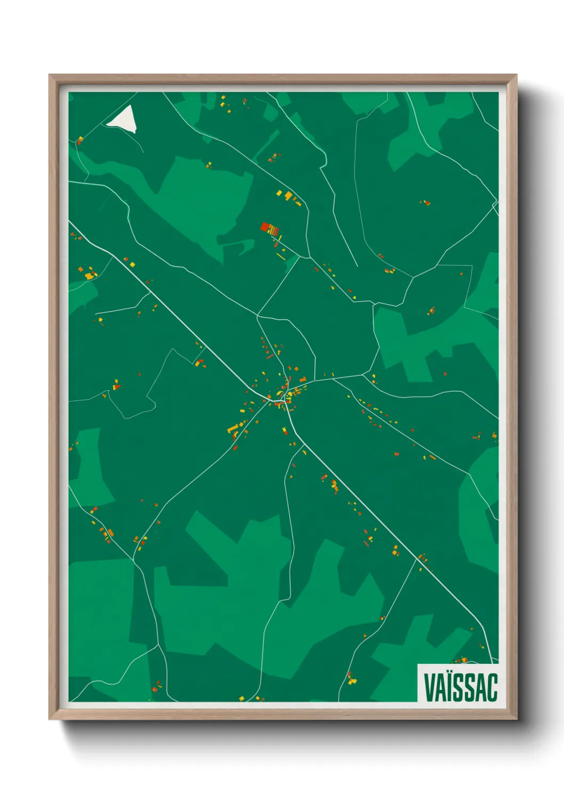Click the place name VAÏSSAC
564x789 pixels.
coord(461,687)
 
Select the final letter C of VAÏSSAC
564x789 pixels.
coord(492,687)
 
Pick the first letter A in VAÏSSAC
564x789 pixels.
coord(440,687)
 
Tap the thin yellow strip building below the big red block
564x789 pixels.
coord(281,257)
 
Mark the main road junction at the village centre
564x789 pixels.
coord(286,401)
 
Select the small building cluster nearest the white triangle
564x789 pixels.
coord(80,140)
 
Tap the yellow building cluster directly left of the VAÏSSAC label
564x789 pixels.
coord(351,679)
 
